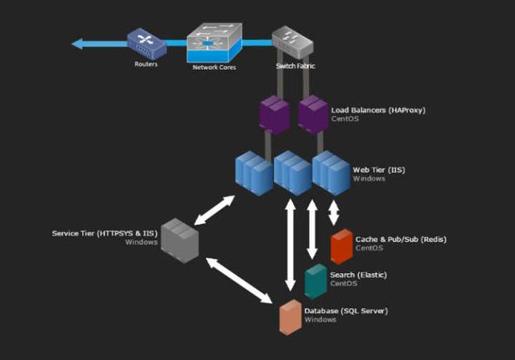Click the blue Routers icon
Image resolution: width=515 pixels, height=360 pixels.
(x=146, y=43)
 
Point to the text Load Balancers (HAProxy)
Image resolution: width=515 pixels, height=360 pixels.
(x=378, y=109)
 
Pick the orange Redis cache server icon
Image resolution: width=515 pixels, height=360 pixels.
(x=341, y=246)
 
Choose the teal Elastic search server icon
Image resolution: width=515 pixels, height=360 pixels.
(x=315, y=281)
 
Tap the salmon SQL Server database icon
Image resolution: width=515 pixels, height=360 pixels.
(x=290, y=317)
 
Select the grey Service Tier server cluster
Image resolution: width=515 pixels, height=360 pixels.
(x=179, y=238)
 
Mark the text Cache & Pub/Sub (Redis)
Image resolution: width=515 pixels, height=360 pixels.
(x=400, y=239)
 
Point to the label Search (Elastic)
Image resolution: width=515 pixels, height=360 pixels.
(x=358, y=275)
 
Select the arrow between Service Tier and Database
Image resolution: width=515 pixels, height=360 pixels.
(x=239, y=280)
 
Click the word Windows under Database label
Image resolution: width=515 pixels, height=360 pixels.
(x=319, y=320)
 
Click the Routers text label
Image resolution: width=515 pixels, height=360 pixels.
(x=146, y=64)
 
